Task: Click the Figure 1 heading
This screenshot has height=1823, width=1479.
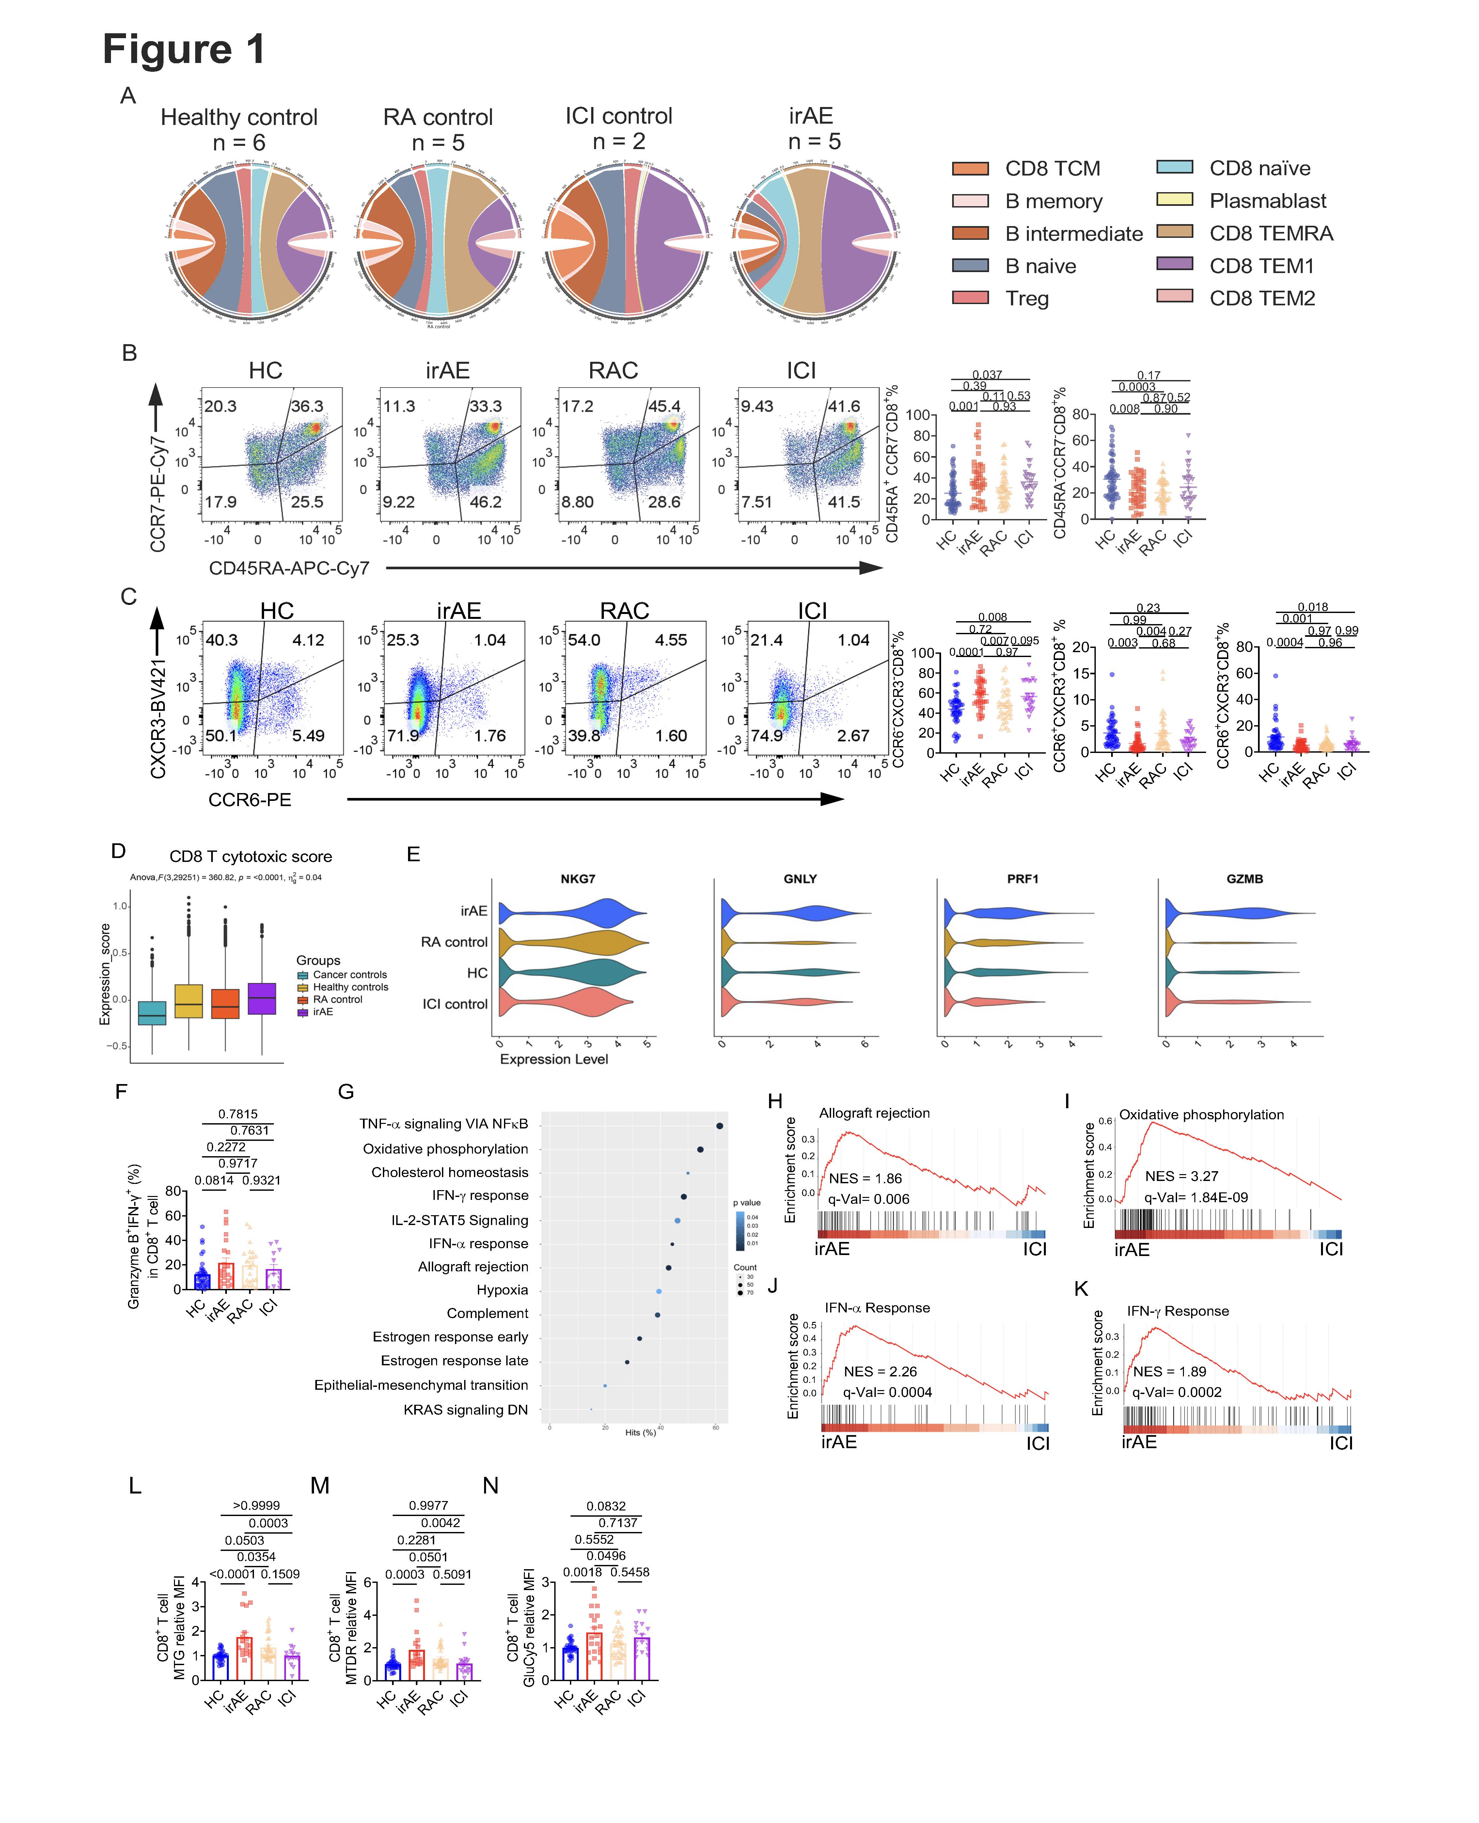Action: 184,49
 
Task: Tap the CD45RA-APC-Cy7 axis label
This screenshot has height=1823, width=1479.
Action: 289,568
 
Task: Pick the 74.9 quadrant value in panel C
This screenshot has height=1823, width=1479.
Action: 766,736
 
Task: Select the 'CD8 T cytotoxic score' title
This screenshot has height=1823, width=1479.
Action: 250,857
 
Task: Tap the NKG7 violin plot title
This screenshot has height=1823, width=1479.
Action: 578,879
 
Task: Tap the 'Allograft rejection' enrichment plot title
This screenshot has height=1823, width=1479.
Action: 874,1113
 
